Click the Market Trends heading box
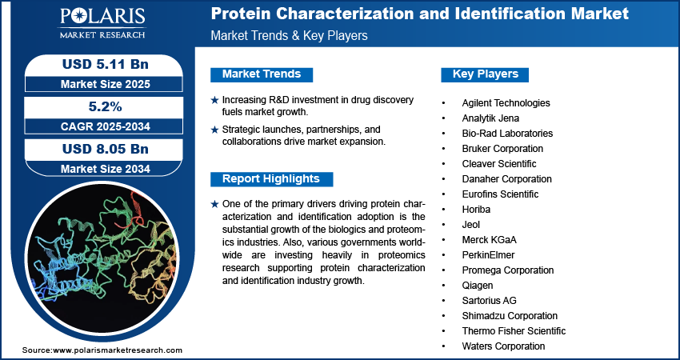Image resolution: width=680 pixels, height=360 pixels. [x=262, y=74]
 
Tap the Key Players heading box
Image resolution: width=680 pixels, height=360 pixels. [x=486, y=74]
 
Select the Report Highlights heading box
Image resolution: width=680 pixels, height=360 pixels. [x=271, y=178]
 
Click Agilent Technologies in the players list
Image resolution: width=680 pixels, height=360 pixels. [x=506, y=103]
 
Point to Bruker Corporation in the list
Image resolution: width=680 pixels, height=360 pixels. [x=502, y=149]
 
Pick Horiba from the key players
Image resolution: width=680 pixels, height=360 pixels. [x=476, y=210]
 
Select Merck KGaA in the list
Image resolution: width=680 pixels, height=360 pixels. [x=489, y=240]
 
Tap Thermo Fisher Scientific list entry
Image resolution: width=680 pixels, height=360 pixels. [x=514, y=331]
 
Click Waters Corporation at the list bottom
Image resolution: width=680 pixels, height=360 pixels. [x=503, y=346]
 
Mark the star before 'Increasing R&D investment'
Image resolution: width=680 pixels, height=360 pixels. [x=214, y=100]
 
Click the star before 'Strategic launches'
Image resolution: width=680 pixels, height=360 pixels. [x=214, y=130]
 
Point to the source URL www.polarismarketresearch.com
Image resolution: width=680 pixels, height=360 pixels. [x=118, y=350]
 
